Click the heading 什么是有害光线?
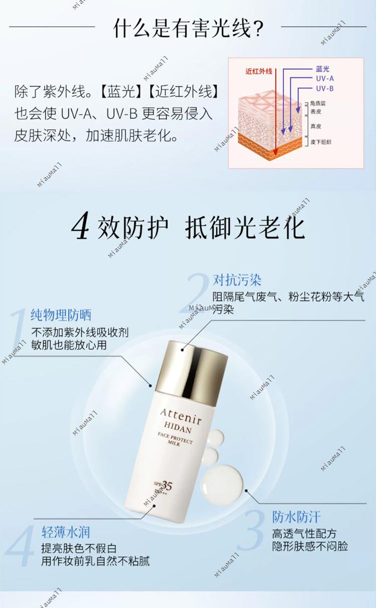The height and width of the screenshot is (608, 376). point(189,28)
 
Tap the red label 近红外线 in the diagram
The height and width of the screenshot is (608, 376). point(259,71)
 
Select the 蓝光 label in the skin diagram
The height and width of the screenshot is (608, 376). point(322,69)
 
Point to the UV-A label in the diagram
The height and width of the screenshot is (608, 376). point(325,79)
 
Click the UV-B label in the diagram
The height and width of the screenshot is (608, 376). point(325,88)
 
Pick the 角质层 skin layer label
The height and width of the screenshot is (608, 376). point(318,103)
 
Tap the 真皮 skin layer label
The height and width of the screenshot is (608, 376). point(316,126)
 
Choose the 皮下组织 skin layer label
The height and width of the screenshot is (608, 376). point(321,142)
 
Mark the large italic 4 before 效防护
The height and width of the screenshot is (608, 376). point(80,226)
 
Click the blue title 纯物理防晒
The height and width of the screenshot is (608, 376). point(61,315)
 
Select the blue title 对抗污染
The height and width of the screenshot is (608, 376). point(237,280)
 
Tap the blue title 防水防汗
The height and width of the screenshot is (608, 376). point(296,517)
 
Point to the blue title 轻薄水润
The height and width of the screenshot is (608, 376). point(66,532)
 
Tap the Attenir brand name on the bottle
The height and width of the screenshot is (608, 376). point(180,416)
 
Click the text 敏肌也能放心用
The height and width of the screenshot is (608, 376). point(69,345)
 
